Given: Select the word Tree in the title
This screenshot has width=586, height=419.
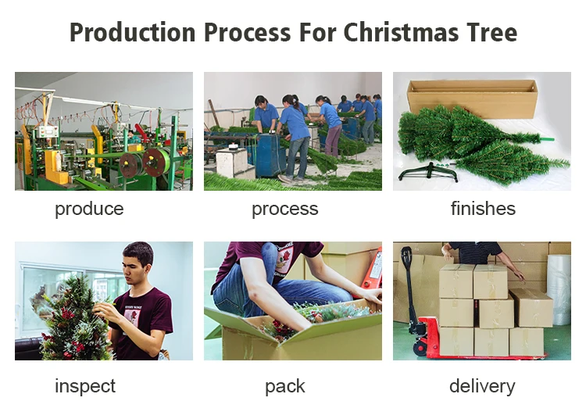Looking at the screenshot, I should coord(491,33).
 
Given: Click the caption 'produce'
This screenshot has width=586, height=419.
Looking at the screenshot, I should coord(89,209).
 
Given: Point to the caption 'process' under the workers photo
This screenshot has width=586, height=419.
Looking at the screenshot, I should coord(284,209).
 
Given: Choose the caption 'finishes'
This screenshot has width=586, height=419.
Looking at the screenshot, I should coord(483,209).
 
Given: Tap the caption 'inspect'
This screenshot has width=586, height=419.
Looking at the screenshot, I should coord(85,386).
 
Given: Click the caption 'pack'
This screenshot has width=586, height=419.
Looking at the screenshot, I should coord(284,386).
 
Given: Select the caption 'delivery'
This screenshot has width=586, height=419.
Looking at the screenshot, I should coord(482,386).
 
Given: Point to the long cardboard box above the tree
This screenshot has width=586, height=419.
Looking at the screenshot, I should coord(473,98).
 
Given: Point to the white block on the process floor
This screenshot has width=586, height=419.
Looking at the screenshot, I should coord(231,162).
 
